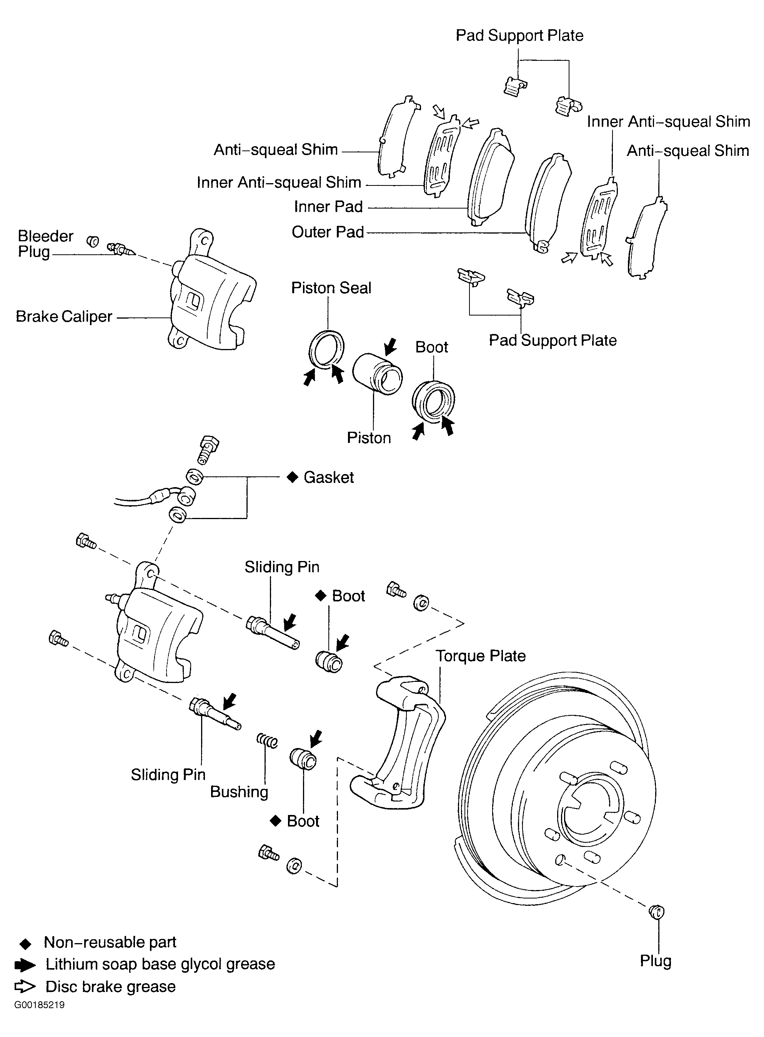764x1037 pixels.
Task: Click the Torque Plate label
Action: [481, 656]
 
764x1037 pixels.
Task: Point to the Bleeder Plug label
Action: [45, 244]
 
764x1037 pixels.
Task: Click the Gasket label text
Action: [328, 477]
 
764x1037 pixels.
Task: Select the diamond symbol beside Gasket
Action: [292, 477]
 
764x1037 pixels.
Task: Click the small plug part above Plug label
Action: [656, 912]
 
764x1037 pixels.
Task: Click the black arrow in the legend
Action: [25, 965]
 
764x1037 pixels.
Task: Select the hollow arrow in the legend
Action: [25, 987]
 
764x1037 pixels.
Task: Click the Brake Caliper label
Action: [64, 317]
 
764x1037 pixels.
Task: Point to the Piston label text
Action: [369, 438]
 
